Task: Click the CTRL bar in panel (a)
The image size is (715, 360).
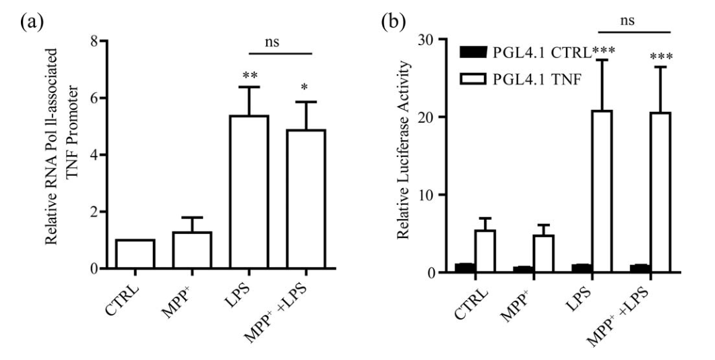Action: pyautogui.click(x=135, y=254)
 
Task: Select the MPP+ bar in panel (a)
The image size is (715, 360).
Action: pyautogui.click(x=192, y=250)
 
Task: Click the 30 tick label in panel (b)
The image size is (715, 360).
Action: pyautogui.click(x=440, y=39)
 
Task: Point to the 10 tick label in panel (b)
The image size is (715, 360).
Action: pyautogui.click(x=440, y=195)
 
